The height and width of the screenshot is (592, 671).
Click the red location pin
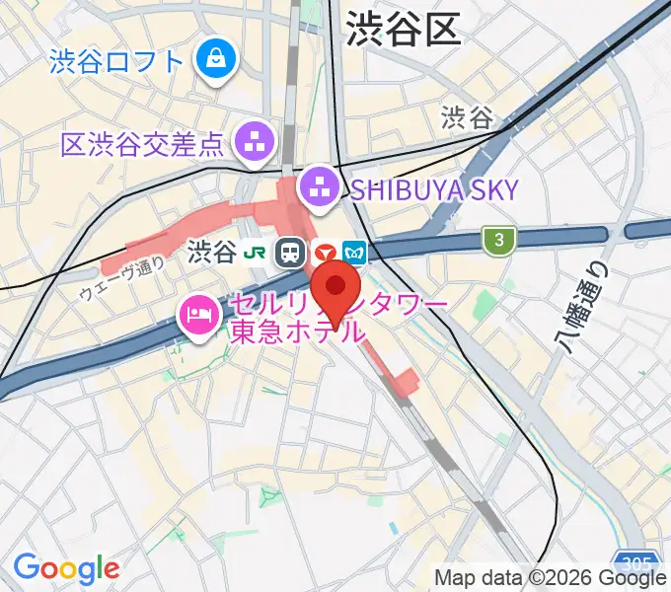click(x=336, y=286)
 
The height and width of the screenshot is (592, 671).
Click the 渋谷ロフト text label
click(x=116, y=61)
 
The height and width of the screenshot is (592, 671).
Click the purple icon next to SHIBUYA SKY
click(x=320, y=187)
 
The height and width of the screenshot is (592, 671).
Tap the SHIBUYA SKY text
click(x=430, y=189)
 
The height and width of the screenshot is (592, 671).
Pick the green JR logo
click(x=254, y=254)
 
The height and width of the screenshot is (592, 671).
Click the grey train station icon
click(x=290, y=254)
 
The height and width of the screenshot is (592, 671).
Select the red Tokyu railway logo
click(x=323, y=254)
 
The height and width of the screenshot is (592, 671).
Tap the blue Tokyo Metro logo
click(x=355, y=254)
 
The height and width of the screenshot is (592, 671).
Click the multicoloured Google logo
click(x=66, y=567)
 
